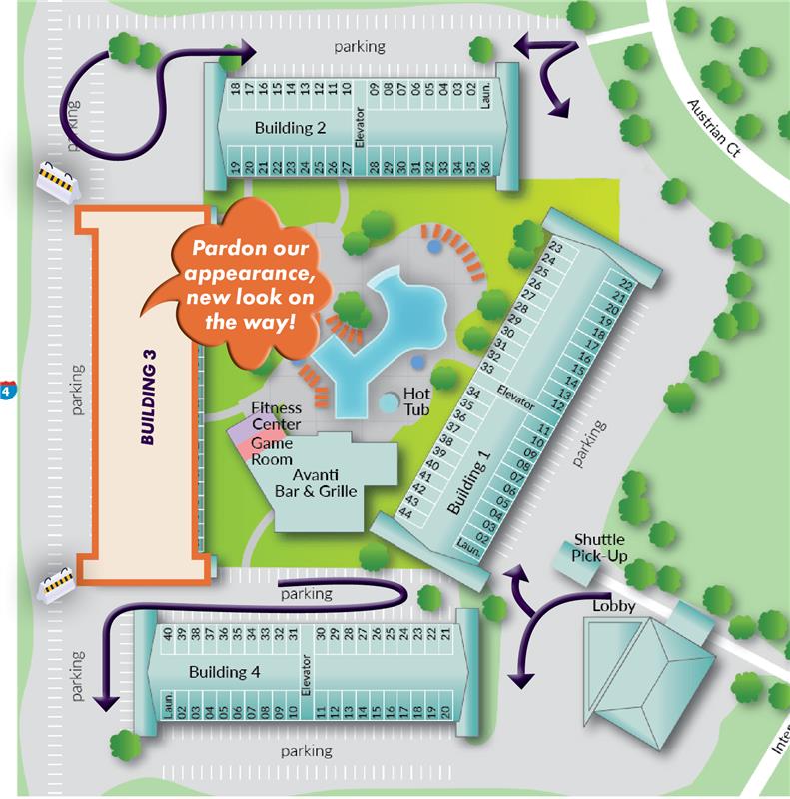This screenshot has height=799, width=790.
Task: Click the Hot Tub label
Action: pos(416,401)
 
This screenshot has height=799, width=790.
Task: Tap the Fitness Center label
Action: pos(276,416)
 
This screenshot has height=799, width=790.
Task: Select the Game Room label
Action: pos(272,451)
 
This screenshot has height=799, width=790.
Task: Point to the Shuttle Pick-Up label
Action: pos(599,548)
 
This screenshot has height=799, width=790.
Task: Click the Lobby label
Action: pos(615,606)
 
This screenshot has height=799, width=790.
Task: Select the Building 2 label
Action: pos(290,128)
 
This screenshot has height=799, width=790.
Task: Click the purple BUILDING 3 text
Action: pos(150,404)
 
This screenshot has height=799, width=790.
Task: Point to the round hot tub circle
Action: pos(388,403)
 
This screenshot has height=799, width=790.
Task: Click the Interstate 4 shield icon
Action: pos(7,389)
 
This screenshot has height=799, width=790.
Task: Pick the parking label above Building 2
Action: pos(360,46)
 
